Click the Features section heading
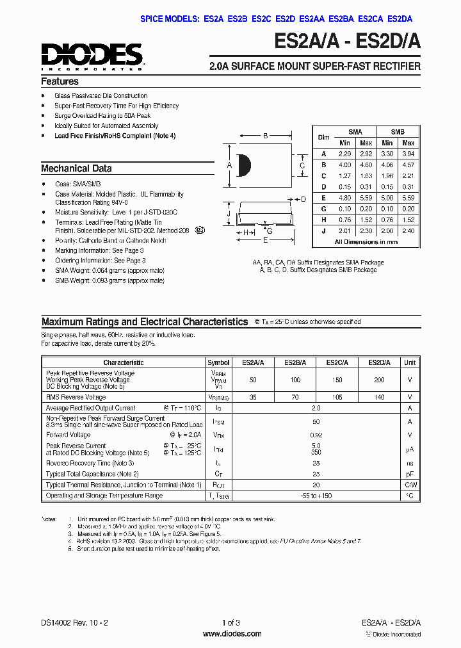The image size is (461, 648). pyautogui.click(x=60, y=82)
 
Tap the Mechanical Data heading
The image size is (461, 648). pyautogui.click(x=76, y=168)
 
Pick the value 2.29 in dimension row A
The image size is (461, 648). pyautogui.click(x=345, y=154)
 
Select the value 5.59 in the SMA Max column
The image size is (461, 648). pyautogui.click(x=366, y=198)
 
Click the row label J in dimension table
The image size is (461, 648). pyautogui.click(x=324, y=231)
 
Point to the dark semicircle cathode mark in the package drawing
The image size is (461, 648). pyautogui.click(x=243, y=165)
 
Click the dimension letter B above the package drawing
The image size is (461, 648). pyautogui.click(x=265, y=136)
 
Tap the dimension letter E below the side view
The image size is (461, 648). pyautogui.click(x=264, y=240)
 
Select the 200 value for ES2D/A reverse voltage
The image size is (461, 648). pyautogui.click(x=379, y=380)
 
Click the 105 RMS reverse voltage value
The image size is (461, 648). pyautogui.click(x=337, y=397)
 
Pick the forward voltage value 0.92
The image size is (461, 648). pyautogui.click(x=316, y=434)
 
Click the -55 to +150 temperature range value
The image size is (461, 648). pyautogui.click(x=316, y=496)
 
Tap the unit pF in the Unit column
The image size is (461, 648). pyautogui.click(x=409, y=474)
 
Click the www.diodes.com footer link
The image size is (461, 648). pyautogui.click(x=232, y=634)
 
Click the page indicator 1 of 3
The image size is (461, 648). pyautogui.click(x=230, y=623)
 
